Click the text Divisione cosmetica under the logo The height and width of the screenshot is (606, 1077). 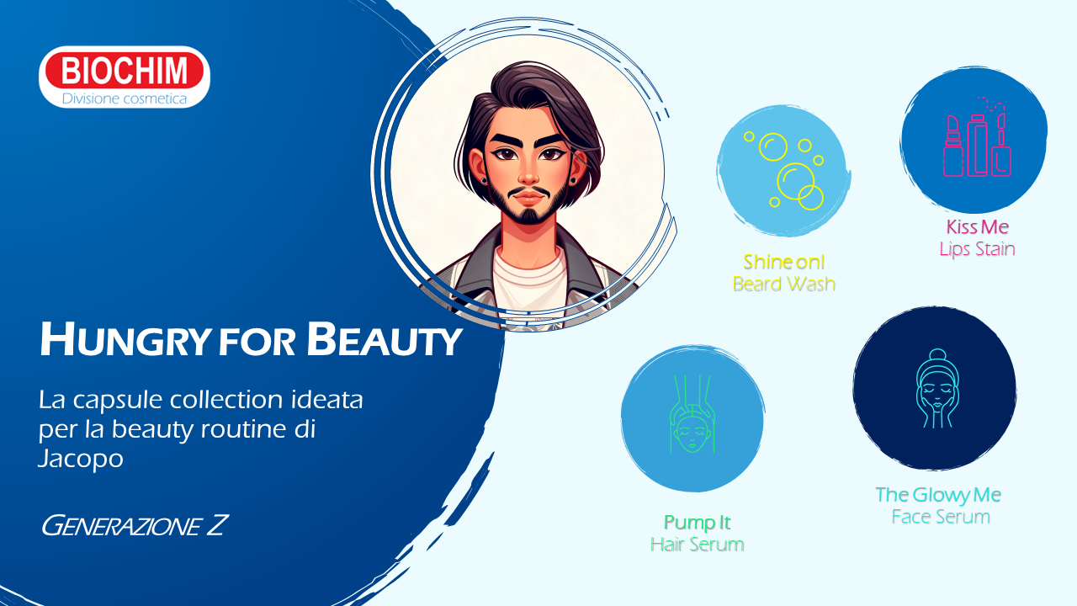coord(124,98)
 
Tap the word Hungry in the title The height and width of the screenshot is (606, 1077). coord(125,341)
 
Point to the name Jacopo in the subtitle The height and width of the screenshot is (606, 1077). coord(81,459)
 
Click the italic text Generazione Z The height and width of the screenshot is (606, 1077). coord(135,525)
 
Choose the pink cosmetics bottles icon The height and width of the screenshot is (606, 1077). coord(977,139)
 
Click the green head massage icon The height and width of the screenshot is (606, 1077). coord(692,414)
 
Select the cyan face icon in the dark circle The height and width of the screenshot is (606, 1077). coord(937,388)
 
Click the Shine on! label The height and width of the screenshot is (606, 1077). coord(783,262)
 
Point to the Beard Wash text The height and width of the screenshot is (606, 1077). coord(783,284)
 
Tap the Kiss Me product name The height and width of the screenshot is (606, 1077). coord(978,226)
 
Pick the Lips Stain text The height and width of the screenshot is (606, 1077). coord(978,249)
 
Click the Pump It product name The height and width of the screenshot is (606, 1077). coord(698,523)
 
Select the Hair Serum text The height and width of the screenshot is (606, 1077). coord(698,545)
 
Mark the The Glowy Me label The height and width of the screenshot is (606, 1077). coord(938,495)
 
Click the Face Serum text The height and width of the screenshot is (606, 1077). coord(941,517)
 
